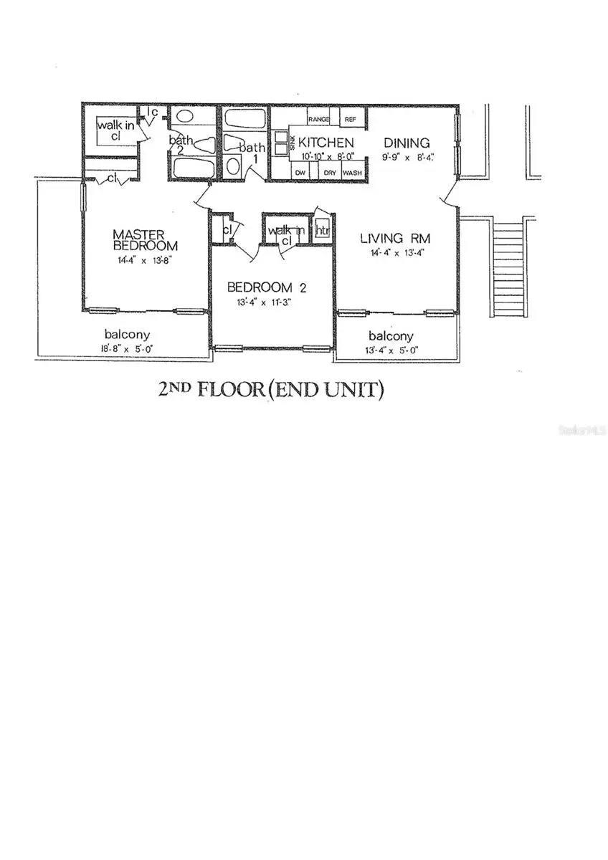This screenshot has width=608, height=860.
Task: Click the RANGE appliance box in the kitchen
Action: click(x=318, y=119)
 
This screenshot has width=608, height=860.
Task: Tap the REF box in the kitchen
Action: click(x=351, y=119)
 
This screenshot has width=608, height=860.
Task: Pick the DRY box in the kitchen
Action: click(x=330, y=173)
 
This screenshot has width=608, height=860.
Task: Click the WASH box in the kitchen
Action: click(x=352, y=173)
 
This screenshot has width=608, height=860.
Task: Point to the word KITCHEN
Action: click(x=326, y=142)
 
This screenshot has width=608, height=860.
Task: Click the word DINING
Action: click(x=406, y=142)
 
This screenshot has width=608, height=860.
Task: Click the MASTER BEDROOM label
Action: click(x=140, y=239)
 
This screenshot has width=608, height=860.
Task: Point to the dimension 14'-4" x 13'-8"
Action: click(x=140, y=262)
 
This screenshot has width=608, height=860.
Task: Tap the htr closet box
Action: click(x=323, y=231)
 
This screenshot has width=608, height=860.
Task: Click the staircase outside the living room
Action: click(x=510, y=269)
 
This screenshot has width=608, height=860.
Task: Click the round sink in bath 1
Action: click(x=234, y=166)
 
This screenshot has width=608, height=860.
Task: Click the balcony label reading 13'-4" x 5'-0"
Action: click(x=391, y=350)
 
